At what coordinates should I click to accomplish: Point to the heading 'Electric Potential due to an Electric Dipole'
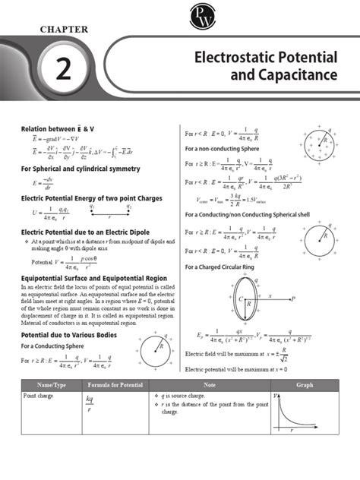pyautogui.click(x=85, y=232)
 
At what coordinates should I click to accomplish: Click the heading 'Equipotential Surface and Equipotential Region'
pyautogui.click(x=93, y=278)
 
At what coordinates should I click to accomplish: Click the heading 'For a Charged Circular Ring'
pyautogui.click(x=223, y=267)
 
